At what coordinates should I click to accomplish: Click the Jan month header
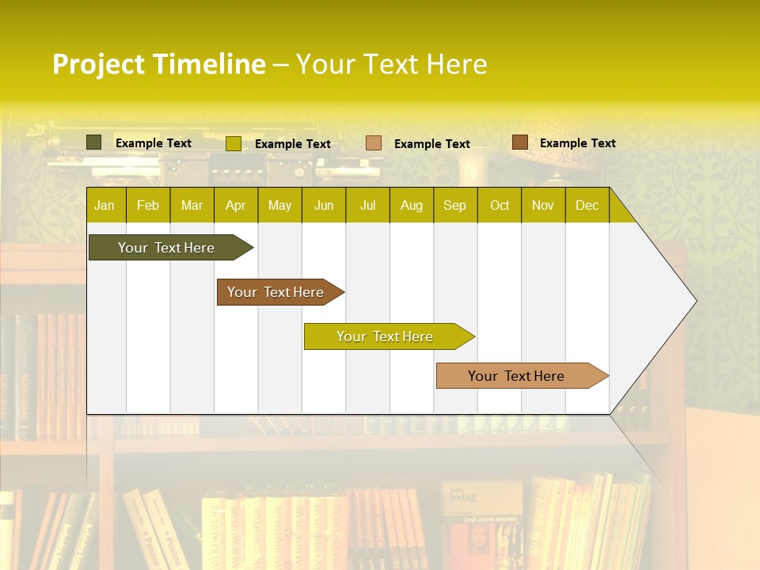point(104,205)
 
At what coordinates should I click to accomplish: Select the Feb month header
point(148,205)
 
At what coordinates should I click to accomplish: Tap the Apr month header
point(235,205)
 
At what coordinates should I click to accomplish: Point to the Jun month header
point(324,205)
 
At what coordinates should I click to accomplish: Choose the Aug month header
point(411,205)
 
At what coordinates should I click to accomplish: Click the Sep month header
point(454,205)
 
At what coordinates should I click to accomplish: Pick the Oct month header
point(500,205)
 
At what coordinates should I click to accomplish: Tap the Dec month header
point(587,205)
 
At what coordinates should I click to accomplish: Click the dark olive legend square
point(93,142)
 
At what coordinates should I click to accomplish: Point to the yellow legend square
point(233,143)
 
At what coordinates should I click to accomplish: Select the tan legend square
point(374,143)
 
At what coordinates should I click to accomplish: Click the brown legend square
point(519,142)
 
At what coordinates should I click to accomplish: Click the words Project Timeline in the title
point(158,64)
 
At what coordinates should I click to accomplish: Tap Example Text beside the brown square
point(577,143)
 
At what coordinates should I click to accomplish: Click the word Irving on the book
point(463,497)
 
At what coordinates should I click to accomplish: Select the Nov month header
point(542,205)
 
